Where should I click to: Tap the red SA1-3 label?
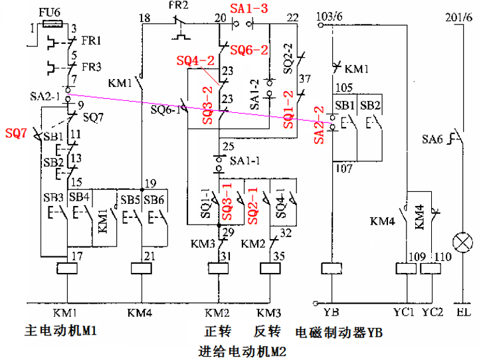[249, 9]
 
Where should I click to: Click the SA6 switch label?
[433, 140]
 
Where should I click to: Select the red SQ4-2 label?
[195, 60]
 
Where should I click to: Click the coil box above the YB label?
[331, 269]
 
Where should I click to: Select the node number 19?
[150, 183]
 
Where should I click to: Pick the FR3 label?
[92, 67]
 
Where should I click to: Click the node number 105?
[344, 88]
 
